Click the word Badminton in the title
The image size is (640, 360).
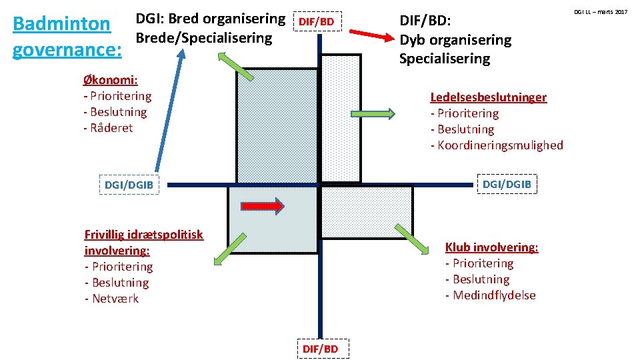(61, 24)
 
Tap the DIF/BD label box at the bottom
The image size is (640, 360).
(320, 349)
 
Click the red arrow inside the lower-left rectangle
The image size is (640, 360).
(263, 206)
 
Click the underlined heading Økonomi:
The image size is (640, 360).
(110, 80)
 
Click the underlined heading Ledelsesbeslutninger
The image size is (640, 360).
(488, 97)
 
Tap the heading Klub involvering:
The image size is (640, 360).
(491, 247)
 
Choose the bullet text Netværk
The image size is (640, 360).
(115, 299)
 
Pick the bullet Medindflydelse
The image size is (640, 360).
(494, 295)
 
